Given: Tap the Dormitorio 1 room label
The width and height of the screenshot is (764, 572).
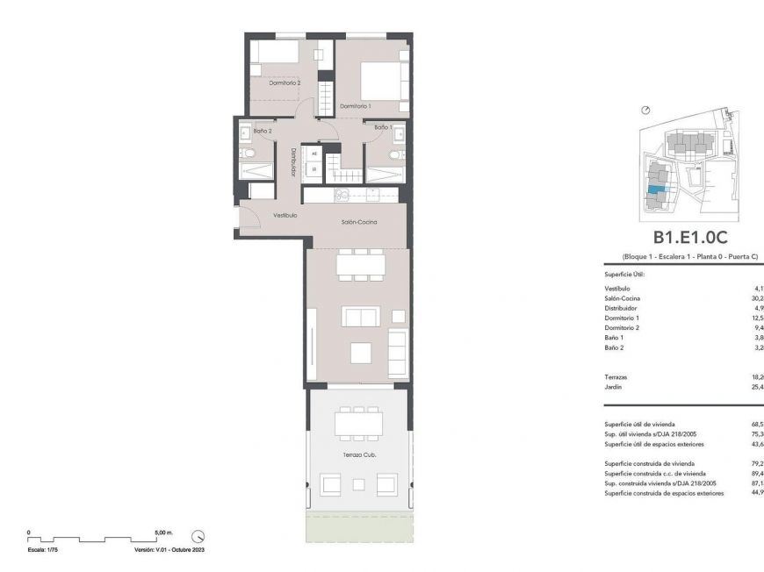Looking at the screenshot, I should (x=355, y=106).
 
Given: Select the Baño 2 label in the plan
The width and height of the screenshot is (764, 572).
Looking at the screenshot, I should (x=250, y=131).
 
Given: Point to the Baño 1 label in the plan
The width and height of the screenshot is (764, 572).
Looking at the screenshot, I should (x=382, y=128).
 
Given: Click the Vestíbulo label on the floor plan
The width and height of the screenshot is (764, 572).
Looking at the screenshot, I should (x=285, y=215).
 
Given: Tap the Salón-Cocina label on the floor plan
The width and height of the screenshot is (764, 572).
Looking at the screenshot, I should (x=359, y=223).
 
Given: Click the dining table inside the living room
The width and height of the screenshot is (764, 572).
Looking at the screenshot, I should (x=360, y=263).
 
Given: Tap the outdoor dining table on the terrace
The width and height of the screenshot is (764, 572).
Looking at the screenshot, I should (x=358, y=423).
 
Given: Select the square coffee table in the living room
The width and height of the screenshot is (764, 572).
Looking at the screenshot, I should (x=362, y=352).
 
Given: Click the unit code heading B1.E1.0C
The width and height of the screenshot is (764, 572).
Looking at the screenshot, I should (x=690, y=237).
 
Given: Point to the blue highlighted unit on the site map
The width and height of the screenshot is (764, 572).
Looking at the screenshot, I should (x=656, y=189).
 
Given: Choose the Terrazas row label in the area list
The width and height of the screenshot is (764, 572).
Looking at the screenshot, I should (x=617, y=376).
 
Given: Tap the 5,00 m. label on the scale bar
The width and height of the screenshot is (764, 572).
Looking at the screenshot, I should (x=164, y=532).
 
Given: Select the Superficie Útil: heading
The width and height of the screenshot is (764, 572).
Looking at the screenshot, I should (x=624, y=275).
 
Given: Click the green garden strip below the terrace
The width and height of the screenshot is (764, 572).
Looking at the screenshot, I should (x=358, y=527).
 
